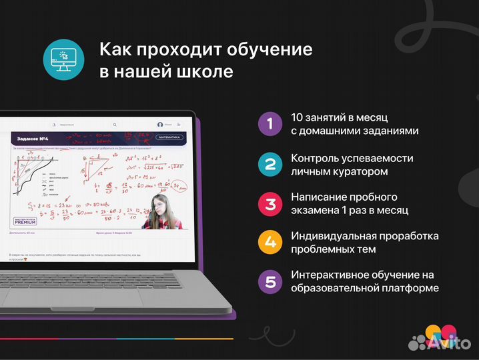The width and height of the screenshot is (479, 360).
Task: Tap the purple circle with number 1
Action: pyautogui.click(x=270, y=123)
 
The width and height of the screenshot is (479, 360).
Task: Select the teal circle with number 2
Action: pyautogui.click(x=270, y=165)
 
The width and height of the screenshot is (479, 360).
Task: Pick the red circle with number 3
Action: pyautogui.click(x=270, y=203)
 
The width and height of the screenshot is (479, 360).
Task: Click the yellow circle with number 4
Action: pyautogui.click(x=270, y=242)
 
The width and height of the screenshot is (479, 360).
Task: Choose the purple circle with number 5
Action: pyautogui.click(x=270, y=281)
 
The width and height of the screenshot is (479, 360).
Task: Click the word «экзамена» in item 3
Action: pyautogui.click(x=317, y=210)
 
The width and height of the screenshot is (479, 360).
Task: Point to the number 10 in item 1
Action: pyautogui.click(x=298, y=117)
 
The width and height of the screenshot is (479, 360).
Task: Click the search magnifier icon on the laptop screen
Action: pyautogui.click(x=115, y=124)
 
